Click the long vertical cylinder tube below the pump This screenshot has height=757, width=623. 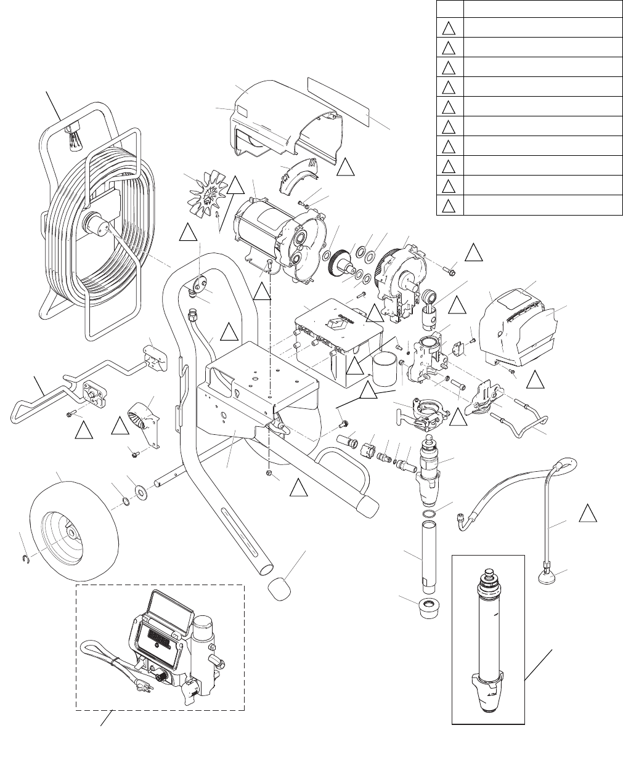point(428,554)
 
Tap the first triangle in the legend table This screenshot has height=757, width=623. point(449,28)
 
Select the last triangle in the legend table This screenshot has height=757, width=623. point(449,205)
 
